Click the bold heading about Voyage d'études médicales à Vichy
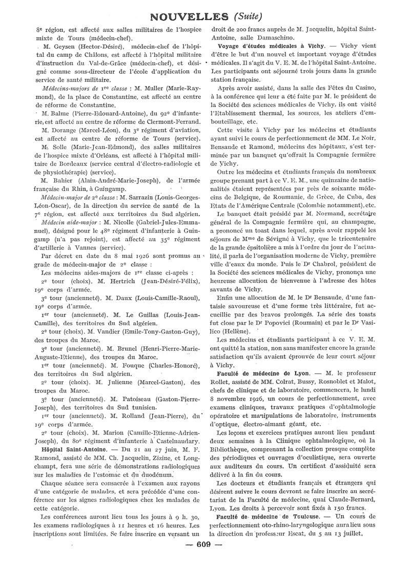[263, 46]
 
